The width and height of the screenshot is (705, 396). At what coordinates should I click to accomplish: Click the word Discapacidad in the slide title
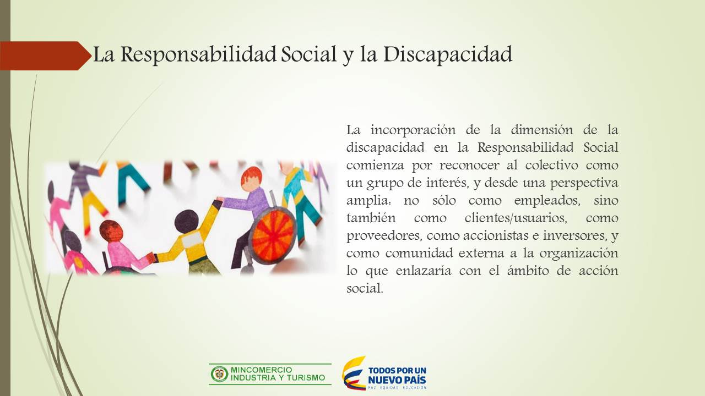pos(448,54)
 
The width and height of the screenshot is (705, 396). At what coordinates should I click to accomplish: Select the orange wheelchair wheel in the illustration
pos(273,237)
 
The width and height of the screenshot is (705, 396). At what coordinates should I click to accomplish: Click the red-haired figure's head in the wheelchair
pos(252,179)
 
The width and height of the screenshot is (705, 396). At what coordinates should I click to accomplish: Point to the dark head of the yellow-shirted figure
pos(186,221)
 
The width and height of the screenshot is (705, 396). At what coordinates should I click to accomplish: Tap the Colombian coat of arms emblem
pos(219,374)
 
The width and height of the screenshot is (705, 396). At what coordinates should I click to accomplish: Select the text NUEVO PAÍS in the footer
pos(397,380)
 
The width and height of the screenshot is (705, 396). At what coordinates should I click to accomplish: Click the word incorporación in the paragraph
pos(413,129)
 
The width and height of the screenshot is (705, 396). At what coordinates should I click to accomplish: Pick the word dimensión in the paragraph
pos(541,129)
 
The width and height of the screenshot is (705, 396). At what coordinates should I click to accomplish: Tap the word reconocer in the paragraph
pos(469,164)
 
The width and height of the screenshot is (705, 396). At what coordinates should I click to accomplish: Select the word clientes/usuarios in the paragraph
pos(516,217)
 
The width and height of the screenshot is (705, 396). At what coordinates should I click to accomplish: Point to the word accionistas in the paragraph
pos(496,235)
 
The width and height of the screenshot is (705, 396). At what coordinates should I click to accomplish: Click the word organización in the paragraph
pos(579,254)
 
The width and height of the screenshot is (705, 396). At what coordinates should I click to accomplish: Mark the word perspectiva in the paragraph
pos(584,183)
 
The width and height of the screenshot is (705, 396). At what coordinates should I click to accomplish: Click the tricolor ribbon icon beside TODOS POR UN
pos(354,373)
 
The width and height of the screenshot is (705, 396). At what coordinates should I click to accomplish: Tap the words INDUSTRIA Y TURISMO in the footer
pos(278,378)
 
